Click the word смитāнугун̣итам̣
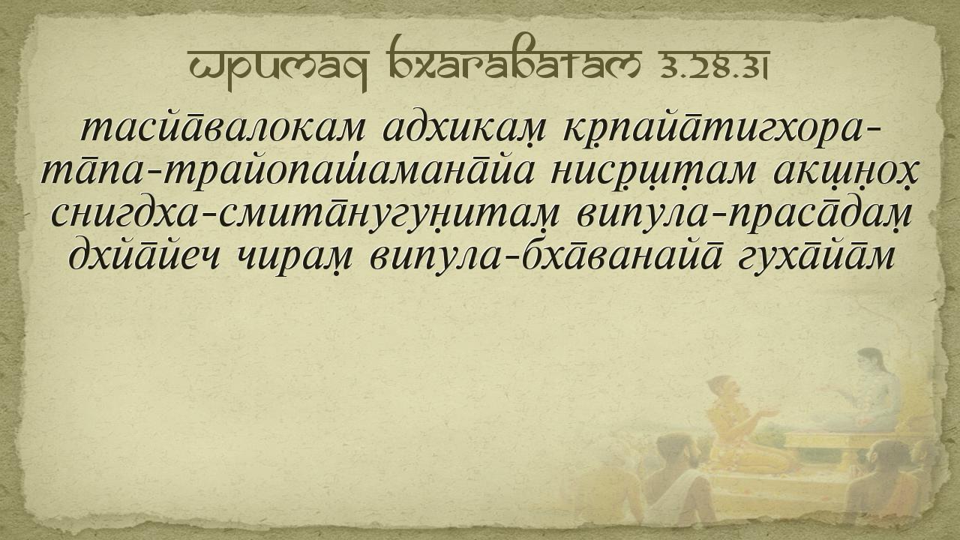389,215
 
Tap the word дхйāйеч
145,256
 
